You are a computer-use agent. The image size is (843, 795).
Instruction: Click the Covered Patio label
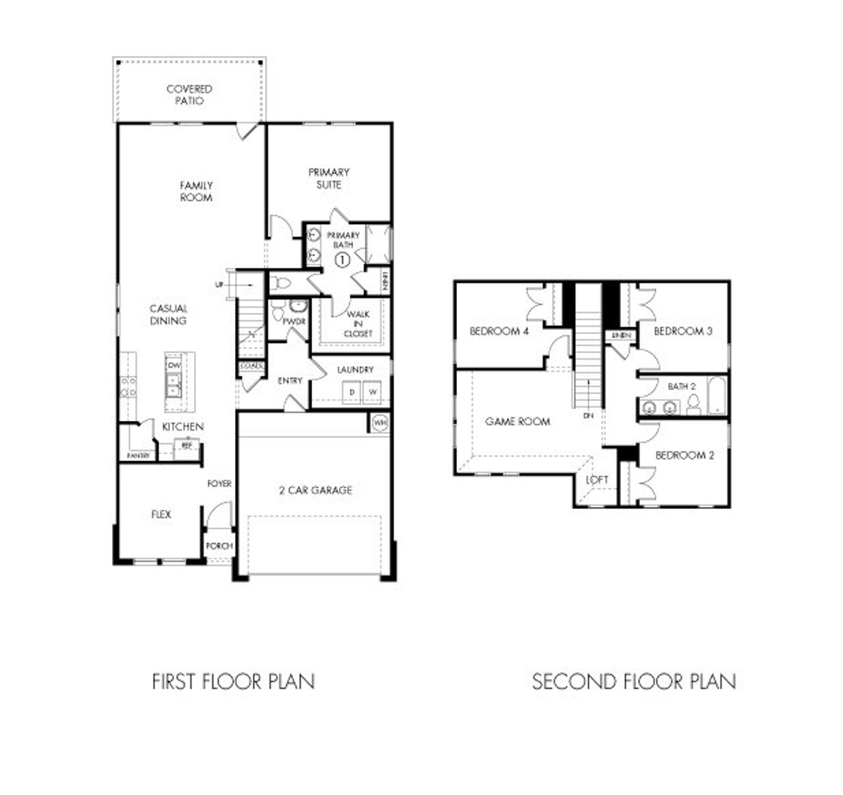click(189, 95)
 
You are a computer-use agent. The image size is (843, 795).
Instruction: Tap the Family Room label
click(196, 192)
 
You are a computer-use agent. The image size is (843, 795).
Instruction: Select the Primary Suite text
click(329, 178)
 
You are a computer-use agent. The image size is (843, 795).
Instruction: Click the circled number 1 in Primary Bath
click(342, 260)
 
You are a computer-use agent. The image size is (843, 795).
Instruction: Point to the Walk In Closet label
click(358, 324)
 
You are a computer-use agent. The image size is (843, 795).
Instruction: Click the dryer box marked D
click(352, 393)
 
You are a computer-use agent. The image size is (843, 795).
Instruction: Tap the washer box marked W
click(373, 393)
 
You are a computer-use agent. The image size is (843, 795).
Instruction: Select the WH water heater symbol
click(379, 423)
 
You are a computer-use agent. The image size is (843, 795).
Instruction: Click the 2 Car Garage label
click(315, 490)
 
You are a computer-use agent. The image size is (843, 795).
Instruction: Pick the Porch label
click(219, 546)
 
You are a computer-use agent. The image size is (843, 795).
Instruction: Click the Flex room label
click(161, 514)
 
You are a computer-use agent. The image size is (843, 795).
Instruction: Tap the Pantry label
click(138, 456)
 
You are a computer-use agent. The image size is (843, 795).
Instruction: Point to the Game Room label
click(517, 422)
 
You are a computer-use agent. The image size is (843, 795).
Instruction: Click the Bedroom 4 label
click(499, 331)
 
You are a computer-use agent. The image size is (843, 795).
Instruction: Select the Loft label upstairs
click(597, 480)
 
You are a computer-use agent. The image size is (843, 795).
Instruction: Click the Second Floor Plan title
click(634, 681)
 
